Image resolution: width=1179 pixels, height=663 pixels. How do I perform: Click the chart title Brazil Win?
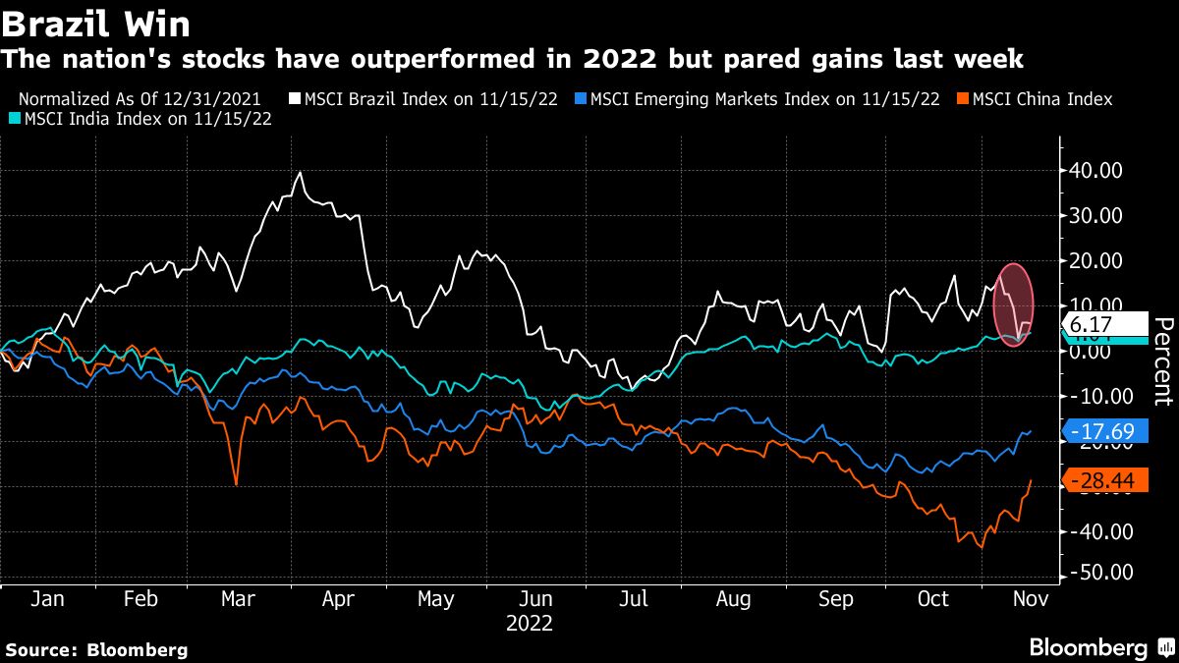[x=96, y=22]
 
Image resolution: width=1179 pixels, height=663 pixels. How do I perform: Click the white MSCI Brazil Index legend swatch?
[x=296, y=99]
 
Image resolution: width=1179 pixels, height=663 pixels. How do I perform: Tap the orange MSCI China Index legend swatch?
[x=963, y=99]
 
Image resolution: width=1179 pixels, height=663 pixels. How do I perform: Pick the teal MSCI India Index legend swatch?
[x=12, y=119]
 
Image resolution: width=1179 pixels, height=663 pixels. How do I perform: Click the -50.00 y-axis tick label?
[x=1098, y=573]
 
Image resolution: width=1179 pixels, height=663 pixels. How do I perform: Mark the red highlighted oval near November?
[x=1014, y=300]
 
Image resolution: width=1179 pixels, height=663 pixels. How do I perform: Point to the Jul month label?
[x=634, y=598]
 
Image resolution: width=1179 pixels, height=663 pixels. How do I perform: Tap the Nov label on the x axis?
[x=1030, y=598]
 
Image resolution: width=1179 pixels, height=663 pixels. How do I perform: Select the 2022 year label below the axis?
[x=530, y=623]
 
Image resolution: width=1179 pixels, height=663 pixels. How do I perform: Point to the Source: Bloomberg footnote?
[x=96, y=649]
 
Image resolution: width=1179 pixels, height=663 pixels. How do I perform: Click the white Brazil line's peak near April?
[x=300, y=173]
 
